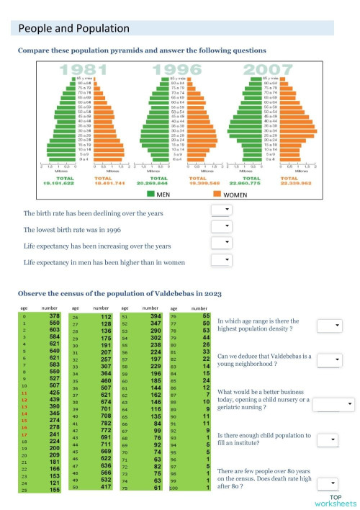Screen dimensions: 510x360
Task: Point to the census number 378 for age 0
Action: [53, 316]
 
